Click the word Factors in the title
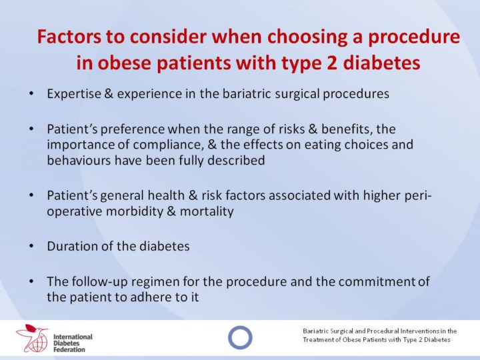(x=69, y=37)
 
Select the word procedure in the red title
(x=413, y=37)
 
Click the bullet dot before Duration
(x=31, y=246)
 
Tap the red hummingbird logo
(x=33, y=337)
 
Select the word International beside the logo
(x=73, y=337)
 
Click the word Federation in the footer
(x=69, y=349)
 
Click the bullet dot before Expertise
(x=31, y=93)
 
